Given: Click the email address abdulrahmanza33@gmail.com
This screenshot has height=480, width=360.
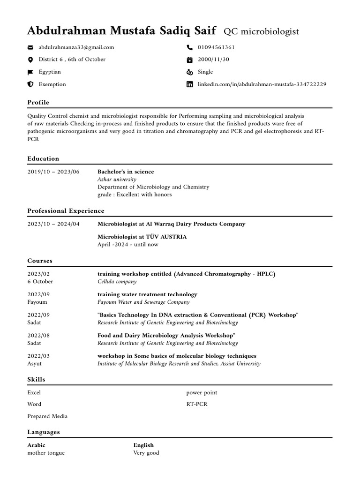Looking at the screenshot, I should pyautogui.click(x=76, y=47).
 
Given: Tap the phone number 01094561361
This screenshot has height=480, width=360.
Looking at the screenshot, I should pyautogui.click(x=216, y=47).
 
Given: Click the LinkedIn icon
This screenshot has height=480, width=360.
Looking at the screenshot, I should pyautogui.click(x=189, y=84).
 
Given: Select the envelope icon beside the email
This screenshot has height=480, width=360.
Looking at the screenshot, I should pyautogui.click(x=30, y=47).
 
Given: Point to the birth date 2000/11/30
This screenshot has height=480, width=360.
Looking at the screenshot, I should pyautogui.click(x=213, y=60).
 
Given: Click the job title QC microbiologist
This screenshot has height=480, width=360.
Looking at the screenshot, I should pyautogui.click(x=261, y=32).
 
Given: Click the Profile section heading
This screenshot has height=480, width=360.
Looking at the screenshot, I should pyautogui.click(x=38, y=102).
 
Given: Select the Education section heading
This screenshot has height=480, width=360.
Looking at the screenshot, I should pyautogui.click(x=43, y=158).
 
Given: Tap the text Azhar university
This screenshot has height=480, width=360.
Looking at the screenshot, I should pyautogui.click(x=117, y=180).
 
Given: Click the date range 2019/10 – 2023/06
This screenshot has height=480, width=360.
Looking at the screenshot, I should pyautogui.click(x=53, y=172).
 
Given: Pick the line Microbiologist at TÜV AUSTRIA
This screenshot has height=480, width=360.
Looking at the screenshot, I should pyautogui.click(x=142, y=237).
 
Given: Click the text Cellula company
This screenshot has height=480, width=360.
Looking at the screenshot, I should pyautogui.click(x=117, y=282).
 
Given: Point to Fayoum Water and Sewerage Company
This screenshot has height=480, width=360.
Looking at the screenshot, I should pyautogui.click(x=143, y=302).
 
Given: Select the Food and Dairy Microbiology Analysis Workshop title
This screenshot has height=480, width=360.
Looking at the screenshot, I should pyautogui.click(x=166, y=336).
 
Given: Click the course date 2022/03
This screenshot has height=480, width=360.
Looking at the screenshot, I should pyautogui.click(x=38, y=356).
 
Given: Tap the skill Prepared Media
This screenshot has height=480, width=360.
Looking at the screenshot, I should pyautogui.click(x=47, y=416).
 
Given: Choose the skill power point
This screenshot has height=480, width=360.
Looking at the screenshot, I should pyautogui.click(x=202, y=392).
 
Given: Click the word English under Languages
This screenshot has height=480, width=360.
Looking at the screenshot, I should pyautogui.click(x=143, y=445).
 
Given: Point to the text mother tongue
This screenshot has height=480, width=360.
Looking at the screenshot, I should pyautogui.click(x=46, y=453).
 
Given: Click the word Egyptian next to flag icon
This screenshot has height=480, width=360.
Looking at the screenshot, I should pyautogui.click(x=50, y=72).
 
